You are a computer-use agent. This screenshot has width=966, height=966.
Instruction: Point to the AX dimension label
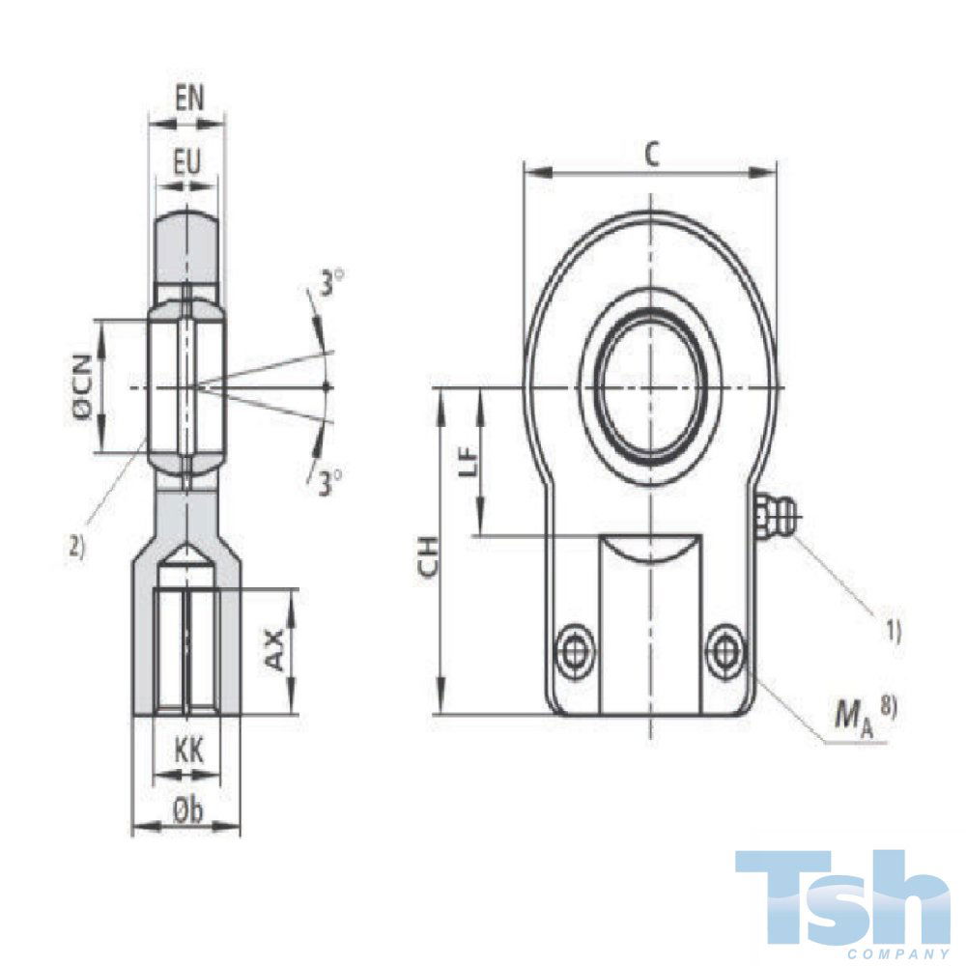coord(274,650)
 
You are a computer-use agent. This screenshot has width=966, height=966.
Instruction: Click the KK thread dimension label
coord(186,751)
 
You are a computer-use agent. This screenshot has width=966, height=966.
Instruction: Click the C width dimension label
coord(652,155)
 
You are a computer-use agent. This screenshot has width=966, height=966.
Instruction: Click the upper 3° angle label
coord(333,284)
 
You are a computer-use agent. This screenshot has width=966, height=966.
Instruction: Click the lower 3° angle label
coord(331,482)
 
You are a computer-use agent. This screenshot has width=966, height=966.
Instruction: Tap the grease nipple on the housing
coord(773,516)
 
